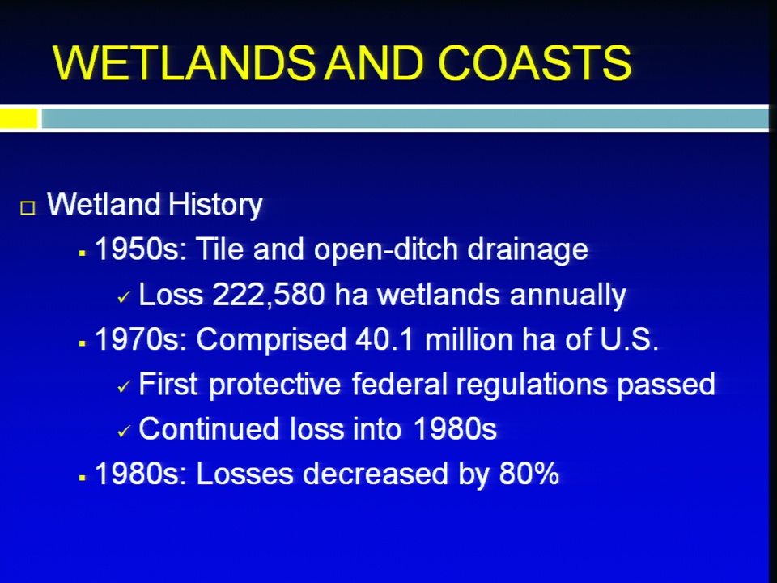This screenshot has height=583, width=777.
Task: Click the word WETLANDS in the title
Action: point(184,62)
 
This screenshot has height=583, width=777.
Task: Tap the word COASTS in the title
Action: point(535,62)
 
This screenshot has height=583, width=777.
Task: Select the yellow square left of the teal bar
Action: point(19,118)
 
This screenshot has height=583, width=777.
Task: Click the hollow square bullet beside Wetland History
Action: point(28,207)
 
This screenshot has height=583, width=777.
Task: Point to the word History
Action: point(215,204)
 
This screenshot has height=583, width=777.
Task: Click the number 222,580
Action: point(269,295)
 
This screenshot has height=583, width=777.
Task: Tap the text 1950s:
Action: point(140,249)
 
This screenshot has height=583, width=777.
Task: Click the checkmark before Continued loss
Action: point(124,432)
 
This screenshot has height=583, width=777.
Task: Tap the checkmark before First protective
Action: point(124,386)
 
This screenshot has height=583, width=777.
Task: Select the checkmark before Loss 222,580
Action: point(124,297)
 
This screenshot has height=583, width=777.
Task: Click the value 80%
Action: point(529,474)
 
